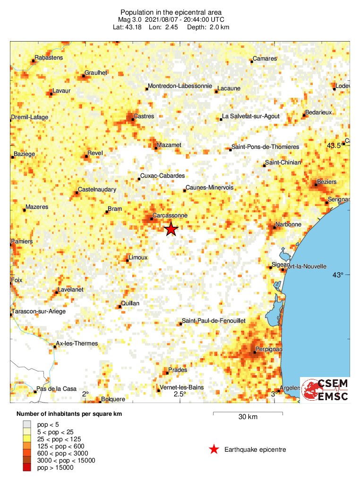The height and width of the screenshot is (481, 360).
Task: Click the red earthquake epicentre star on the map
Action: [x=171, y=229]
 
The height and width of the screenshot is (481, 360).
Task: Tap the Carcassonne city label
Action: [x=170, y=215]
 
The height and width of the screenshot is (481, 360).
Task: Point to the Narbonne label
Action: [x=288, y=224]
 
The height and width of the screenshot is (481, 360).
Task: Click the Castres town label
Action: [x=144, y=116]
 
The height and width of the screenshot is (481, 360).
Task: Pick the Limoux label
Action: [x=138, y=257]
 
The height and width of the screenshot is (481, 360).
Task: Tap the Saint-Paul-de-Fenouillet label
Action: [x=214, y=321]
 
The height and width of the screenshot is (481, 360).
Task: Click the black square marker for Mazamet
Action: [x=156, y=148]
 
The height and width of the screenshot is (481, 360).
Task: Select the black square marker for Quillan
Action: [x=120, y=306]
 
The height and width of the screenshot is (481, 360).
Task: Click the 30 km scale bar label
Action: [x=248, y=417]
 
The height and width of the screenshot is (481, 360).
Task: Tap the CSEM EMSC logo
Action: [x=325, y=390]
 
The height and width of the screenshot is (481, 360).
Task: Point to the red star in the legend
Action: [x=214, y=449]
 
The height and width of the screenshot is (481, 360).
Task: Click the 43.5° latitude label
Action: [x=334, y=146]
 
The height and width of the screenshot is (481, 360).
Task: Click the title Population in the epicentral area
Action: [x=171, y=12]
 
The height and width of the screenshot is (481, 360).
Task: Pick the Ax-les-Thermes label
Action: [x=77, y=344]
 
